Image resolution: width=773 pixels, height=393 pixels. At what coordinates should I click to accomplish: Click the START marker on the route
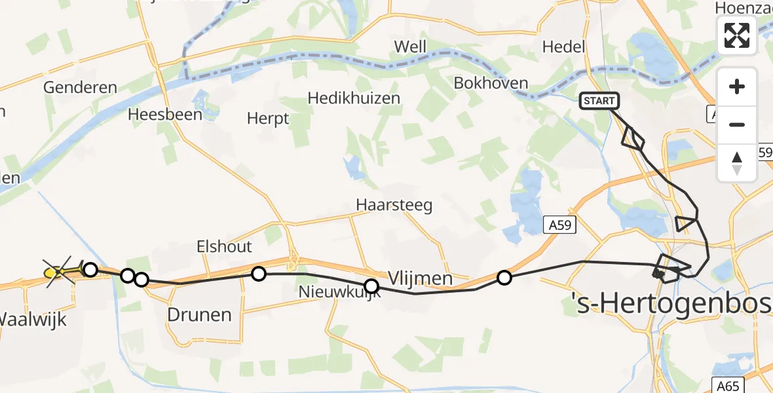tap(599, 101)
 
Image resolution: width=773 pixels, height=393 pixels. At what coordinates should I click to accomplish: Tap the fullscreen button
tap(737, 35)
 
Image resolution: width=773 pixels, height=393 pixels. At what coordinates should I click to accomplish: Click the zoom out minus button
tap(737, 124)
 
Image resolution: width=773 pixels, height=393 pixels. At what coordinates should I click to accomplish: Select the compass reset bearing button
tap(737, 162)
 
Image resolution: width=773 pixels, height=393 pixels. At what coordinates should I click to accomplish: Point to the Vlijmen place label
tap(420, 278)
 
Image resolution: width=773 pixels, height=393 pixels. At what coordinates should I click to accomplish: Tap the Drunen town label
tap(199, 314)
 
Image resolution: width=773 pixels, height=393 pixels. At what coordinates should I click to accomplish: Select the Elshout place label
tap(225, 246)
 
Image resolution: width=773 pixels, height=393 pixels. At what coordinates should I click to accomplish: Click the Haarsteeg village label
tap(394, 205)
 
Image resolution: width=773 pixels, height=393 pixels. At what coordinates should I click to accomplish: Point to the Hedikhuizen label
tap(354, 98)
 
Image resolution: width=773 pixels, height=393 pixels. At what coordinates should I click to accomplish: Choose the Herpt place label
tap(268, 119)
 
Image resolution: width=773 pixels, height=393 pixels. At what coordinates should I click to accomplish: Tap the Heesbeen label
tap(162, 114)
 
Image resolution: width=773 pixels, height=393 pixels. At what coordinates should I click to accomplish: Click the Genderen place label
tap(80, 87)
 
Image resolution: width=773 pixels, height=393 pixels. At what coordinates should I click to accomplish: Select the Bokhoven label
tap(491, 83)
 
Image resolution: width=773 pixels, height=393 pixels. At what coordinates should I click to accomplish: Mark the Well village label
tap(410, 47)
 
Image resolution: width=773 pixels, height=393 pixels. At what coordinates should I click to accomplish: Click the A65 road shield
tap(726, 385)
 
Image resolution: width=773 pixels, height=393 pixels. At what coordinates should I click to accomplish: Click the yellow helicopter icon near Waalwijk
tap(59, 271)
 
